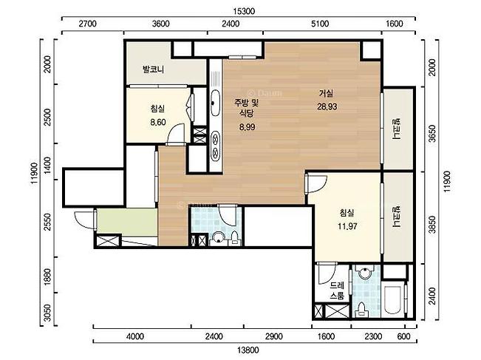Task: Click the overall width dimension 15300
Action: coord(244,11)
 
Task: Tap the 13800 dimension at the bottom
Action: coord(248,350)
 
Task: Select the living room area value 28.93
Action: coord(327,106)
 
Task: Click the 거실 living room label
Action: coord(326,93)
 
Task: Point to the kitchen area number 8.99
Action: coord(248,126)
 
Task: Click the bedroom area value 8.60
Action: coord(158,122)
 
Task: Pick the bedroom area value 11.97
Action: coord(347,226)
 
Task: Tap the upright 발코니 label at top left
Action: coord(153,69)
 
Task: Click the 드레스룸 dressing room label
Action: coord(337,291)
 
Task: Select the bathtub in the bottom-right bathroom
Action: coord(392,300)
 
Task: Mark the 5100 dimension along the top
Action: coord(320,24)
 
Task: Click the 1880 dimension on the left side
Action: coord(47,276)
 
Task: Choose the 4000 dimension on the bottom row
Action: coord(135,336)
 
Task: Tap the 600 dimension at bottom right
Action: coord(403,336)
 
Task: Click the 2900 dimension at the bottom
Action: coord(274,336)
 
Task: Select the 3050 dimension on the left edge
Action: coord(47,313)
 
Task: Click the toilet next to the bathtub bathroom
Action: coord(362,310)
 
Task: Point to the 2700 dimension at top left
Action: coord(87,24)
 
